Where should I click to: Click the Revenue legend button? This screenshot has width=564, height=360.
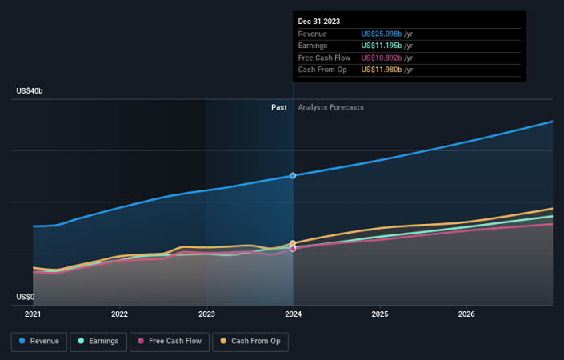(39, 342)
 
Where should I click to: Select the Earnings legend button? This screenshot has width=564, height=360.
(98, 342)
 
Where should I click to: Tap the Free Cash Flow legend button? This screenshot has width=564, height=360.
(170, 342)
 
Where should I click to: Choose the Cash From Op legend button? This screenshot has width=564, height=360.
(250, 342)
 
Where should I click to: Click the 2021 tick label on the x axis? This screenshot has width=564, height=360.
(33, 314)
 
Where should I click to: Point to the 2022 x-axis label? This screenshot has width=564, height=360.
(119, 314)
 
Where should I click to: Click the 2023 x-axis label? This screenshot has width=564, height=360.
(206, 314)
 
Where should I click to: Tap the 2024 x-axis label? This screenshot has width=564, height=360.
(293, 314)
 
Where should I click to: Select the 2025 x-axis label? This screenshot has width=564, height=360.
(380, 314)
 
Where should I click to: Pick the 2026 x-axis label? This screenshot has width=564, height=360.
(466, 314)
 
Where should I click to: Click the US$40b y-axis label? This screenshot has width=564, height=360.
(30, 91)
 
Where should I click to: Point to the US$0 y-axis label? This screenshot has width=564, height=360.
(25, 297)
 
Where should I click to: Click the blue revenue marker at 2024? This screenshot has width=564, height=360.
(293, 175)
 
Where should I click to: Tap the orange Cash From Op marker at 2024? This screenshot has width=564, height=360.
(293, 243)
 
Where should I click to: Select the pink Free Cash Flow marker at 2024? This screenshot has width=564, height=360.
(293, 249)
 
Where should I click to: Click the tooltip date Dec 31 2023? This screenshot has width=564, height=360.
(319, 22)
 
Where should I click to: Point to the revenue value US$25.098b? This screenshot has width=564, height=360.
(382, 34)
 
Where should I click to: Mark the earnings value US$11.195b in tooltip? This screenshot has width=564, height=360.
(382, 46)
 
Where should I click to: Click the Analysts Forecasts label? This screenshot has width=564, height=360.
(330, 107)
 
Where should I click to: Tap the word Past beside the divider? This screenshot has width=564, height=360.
(279, 107)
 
